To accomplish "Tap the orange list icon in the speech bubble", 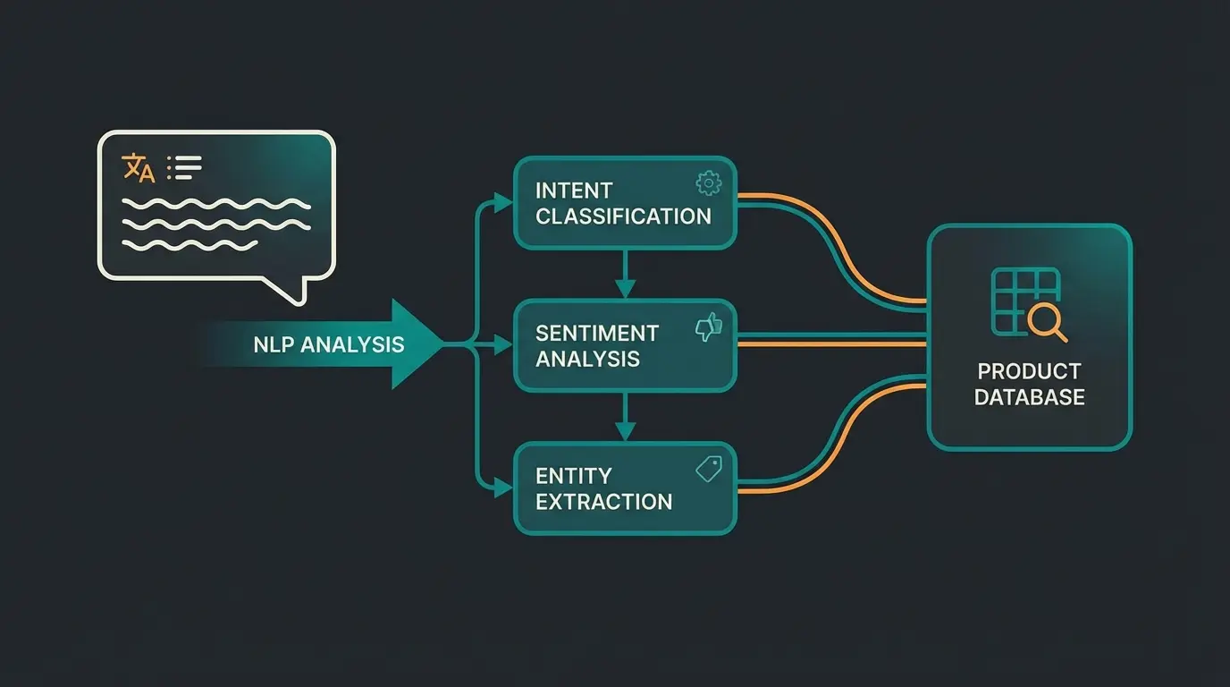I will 185,166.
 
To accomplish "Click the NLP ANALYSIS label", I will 328,344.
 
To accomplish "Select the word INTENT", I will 574,191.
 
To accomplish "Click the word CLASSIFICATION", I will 623,216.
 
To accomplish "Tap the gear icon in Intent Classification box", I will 708,183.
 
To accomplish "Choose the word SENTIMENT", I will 596,334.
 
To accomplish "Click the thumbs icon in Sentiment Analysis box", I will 708,327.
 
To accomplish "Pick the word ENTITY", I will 573,476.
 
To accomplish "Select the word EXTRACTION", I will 603,502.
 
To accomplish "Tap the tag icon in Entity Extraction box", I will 708,469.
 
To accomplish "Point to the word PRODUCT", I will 1029,371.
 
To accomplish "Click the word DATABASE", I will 1029,397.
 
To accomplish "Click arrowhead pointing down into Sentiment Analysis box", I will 625,290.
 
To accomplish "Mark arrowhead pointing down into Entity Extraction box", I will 625,431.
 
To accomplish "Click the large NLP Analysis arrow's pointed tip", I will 441,344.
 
